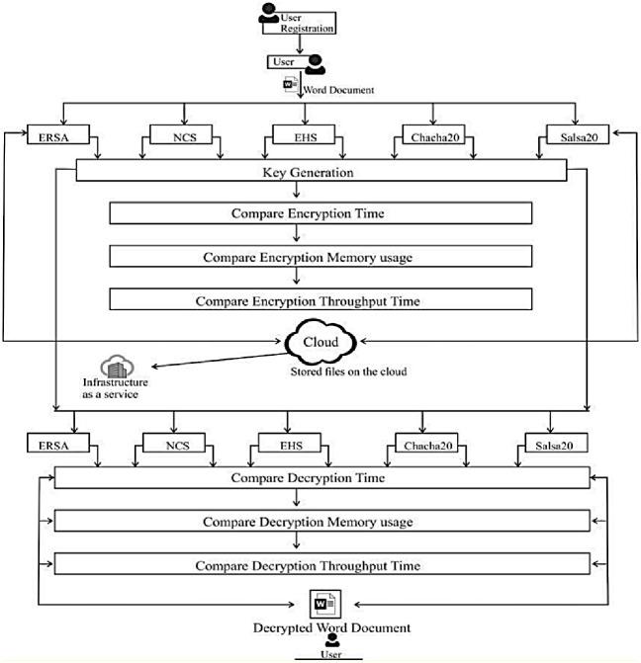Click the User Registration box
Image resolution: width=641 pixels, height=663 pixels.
click(x=299, y=23)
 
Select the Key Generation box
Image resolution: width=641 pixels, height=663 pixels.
click(x=321, y=170)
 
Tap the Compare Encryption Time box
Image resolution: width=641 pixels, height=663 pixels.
click(x=320, y=213)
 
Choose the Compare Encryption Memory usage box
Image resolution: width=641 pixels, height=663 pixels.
click(x=320, y=256)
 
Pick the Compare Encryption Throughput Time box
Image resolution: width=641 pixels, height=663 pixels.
click(x=320, y=299)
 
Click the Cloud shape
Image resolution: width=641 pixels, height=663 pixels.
click(x=320, y=342)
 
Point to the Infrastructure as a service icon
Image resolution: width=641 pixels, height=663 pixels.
click(x=118, y=367)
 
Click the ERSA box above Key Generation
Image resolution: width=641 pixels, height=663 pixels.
click(x=58, y=134)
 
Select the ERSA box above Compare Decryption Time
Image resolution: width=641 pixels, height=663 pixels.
click(x=58, y=443)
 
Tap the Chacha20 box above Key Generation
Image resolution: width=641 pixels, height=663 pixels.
click(x=433, y=134)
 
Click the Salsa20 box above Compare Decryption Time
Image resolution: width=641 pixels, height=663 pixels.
click(x=556, y=443)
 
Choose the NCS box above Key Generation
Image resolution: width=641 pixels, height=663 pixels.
click(x=181, y=134)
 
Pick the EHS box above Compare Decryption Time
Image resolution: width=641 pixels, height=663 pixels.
click(x=290, y=443)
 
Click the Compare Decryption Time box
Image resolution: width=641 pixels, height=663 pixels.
click(x=322, y=478)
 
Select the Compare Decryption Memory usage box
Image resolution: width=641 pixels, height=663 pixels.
click(x=322, y=521)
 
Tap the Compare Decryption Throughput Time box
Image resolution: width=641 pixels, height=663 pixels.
click(x=322, y=563)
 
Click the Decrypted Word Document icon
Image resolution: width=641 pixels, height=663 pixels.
click(x=325, y=605)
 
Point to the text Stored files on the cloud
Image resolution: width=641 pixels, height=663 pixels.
click(x=348, y=372)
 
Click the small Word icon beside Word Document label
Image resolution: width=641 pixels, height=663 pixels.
click(x=291, y=84)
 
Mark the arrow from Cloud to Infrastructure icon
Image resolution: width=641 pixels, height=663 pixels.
click(x=220, y=360)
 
